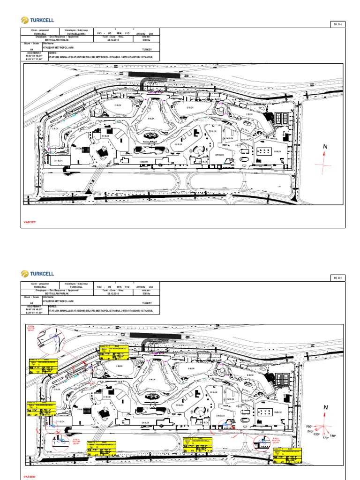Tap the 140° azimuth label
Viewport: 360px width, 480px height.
click(333, 436)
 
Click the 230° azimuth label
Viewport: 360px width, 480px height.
click(316, 435)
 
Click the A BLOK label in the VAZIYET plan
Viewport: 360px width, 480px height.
click(151, 119)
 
